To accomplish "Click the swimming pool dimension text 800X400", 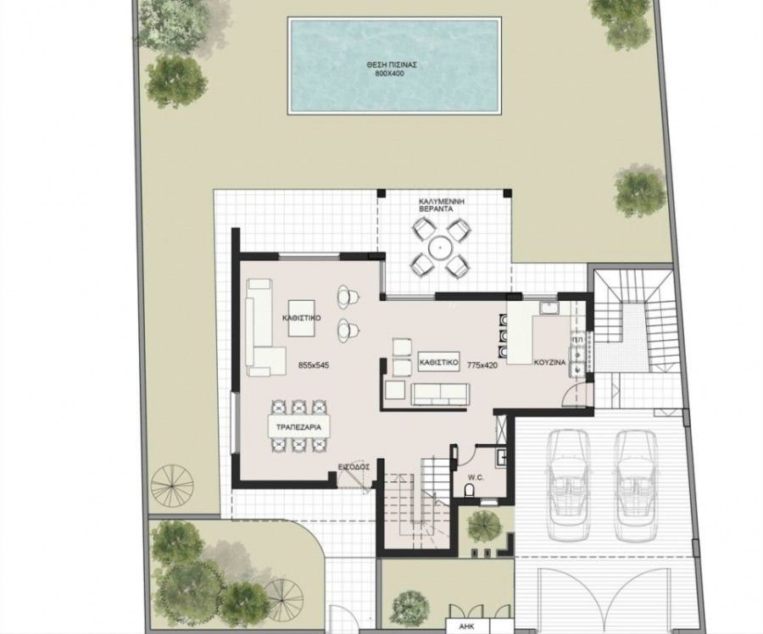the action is (x=389, y=74).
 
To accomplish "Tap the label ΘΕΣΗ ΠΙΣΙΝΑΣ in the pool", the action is (x=393, y=64).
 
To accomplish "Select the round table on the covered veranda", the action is (x=440, y=248).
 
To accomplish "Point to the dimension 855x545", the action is (x=314, y=364).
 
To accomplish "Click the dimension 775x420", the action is (x=482, y=364).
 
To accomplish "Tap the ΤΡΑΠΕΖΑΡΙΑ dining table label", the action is (x=298, y=428).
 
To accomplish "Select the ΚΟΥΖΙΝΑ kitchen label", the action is (x=550, y=363).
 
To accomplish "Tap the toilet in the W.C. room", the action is (x=469, y=490).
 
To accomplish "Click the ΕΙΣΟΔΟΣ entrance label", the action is (x=354, y=467).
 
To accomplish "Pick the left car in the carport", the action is (x=567, y=485).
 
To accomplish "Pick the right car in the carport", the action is (x=636, y=485).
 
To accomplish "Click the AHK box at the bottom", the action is (x=467, y=626).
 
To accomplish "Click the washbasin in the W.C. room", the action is (x=502, y=458).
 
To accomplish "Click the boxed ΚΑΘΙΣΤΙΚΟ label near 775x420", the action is (x=439, y=362).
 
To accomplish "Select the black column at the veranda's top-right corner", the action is (x=507, y=192).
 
